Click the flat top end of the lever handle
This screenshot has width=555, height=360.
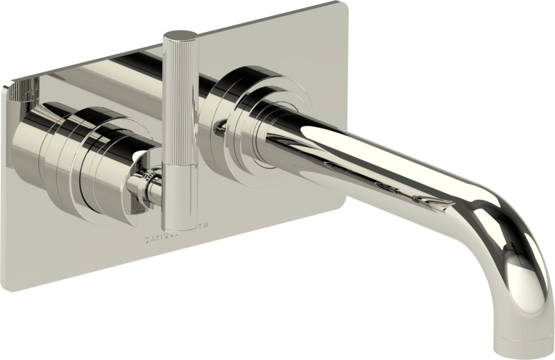pos(180,35)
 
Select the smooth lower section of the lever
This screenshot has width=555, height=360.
pos(180,198)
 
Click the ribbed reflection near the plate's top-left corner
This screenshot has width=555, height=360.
pos(26,90)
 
